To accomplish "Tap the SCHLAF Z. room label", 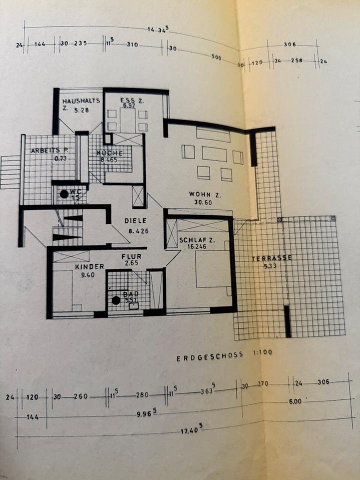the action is (x=196, y=240).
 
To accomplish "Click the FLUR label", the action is (x=132, y=256).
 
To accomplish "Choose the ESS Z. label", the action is (x=131, y=101).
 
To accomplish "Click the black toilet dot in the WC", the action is (x=64, y=193).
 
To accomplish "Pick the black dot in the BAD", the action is (x=116, y=300).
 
